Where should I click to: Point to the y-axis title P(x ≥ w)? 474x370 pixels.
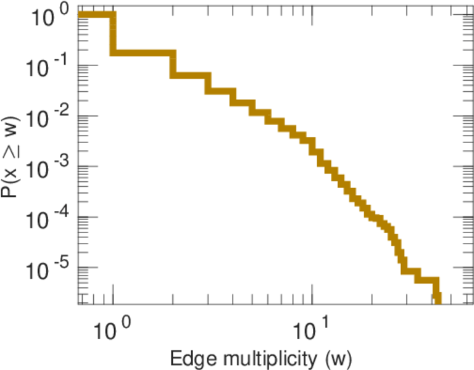tap(14, 159)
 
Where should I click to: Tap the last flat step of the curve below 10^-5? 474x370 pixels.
tap(426, 281)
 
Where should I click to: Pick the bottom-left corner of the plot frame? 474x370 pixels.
tap(79, 304)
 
